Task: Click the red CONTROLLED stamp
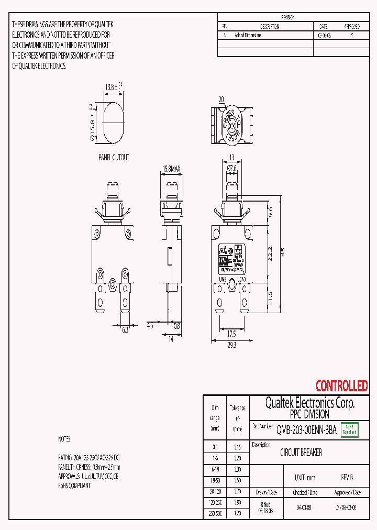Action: point(341,386)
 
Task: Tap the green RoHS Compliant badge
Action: point(349,429)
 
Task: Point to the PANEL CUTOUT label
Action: point(114,157)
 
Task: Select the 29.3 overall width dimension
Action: point(232,345)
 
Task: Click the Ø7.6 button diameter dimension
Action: point(232,168)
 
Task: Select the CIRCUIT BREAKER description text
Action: point(301,452)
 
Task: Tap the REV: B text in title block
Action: point(347,478)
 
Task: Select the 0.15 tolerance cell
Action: point(237,447)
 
